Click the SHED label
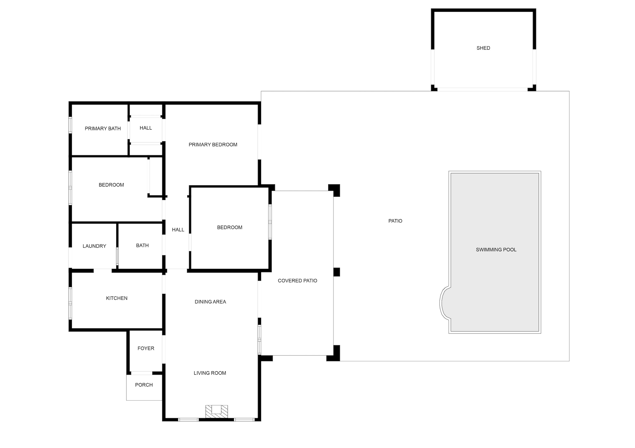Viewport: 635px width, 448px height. pos(483,48)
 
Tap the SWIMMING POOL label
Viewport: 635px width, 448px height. pos(496,250)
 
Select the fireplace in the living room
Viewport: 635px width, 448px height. pos(217,411)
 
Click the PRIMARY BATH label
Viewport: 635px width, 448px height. pos(103,129)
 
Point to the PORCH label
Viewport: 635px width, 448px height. pos(144,385)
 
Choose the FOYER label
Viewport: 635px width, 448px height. pos(146,348)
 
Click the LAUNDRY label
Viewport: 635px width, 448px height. pos(94,246)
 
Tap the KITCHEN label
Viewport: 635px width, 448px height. pos(117,298)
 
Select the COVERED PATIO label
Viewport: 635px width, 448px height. pos(297,281)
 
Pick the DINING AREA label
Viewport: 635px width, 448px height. pos(210,302)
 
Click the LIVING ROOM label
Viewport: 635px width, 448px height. pos(210,373)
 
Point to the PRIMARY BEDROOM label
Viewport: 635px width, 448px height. pos(213,145)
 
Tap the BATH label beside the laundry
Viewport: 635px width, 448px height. pos(142,245)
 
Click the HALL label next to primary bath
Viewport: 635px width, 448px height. pos(146,128)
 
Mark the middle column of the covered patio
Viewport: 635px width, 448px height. pos(336,272)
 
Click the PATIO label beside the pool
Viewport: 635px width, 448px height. pos(395,221)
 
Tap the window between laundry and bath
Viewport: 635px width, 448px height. pos(117,256)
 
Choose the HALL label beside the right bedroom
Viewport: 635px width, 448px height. pos(178,230)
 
